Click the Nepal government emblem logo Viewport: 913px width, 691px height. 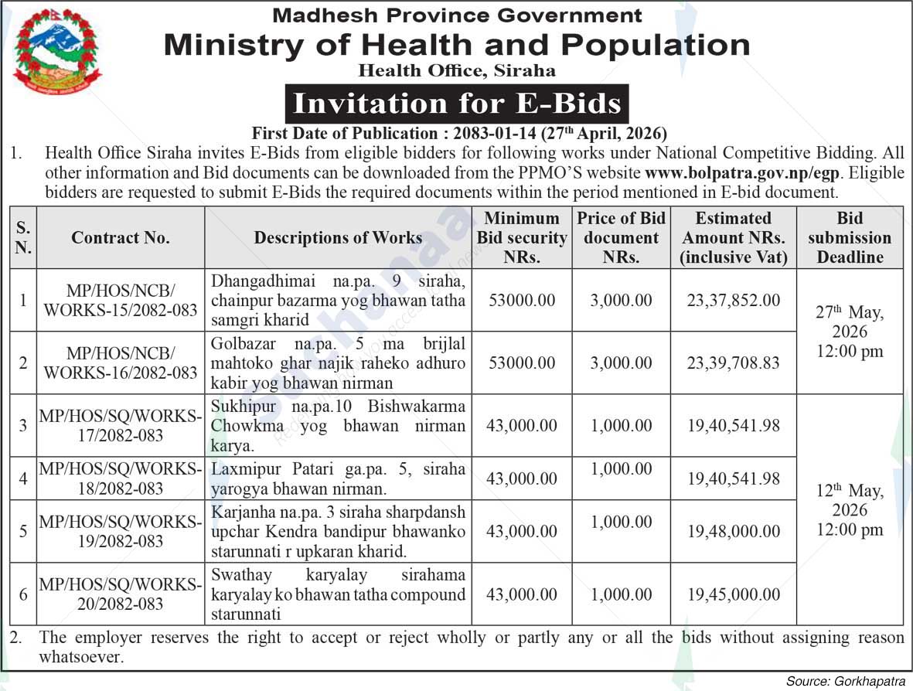(56, 51)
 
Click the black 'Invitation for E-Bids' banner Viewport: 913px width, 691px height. (457, 104)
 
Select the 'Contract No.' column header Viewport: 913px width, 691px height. (121, 238)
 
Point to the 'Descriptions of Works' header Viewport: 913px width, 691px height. (338, 238)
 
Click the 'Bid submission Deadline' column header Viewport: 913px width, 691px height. (850, 238)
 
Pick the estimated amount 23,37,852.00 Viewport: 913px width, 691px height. (733, 301)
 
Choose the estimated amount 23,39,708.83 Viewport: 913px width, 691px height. (733, 363)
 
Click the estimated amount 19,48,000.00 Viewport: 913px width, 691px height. (733, 531)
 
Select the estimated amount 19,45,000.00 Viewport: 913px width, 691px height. (733, 594)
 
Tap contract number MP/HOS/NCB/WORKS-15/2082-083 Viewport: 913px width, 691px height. (121, 301)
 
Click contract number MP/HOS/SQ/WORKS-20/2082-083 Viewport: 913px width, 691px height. (121, 594)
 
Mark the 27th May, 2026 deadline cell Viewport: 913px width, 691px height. (850, 332)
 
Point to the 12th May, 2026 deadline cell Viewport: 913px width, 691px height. (850, 510)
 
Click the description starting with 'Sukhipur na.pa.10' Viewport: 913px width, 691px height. (338, 426)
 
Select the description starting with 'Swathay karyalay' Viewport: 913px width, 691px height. (338, 594)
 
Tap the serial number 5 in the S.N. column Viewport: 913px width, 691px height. (23, 531)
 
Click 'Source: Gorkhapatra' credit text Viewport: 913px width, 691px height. (845, 681)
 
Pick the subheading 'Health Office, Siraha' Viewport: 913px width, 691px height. (457, 71)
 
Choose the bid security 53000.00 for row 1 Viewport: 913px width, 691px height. (522, 301)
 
